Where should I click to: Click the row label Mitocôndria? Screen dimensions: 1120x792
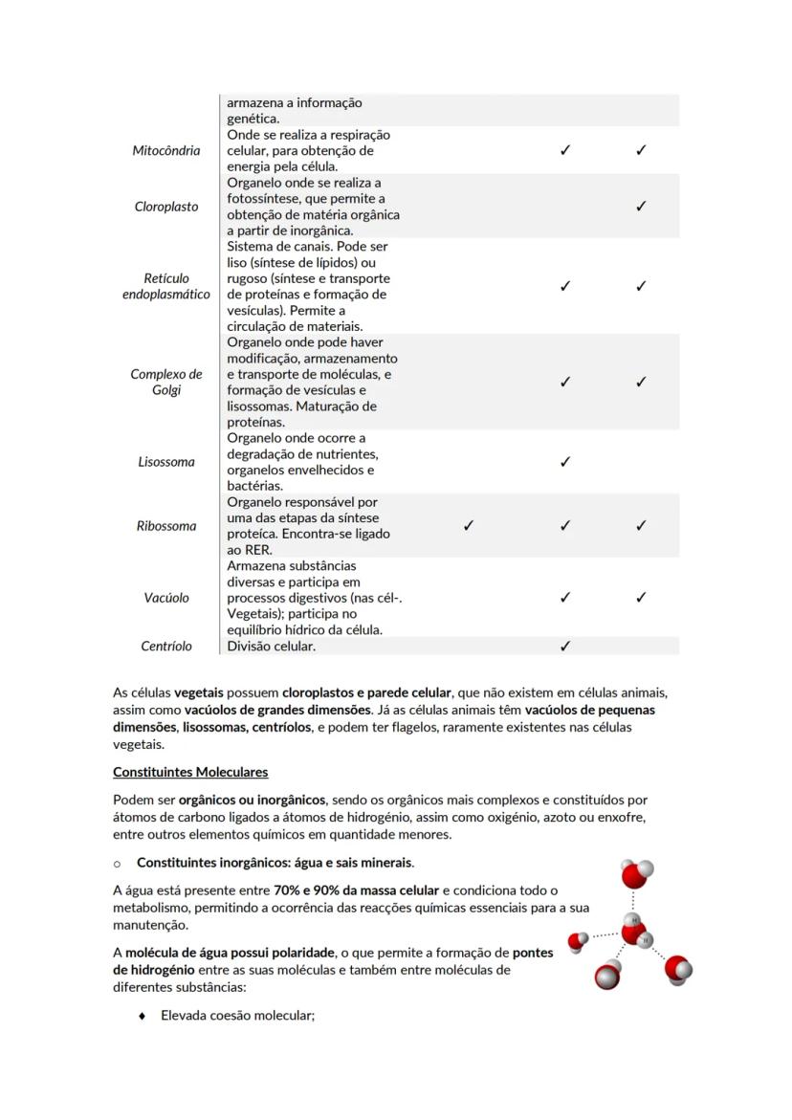[x=166, y=150]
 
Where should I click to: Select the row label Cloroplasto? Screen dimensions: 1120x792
[x=166, y=207]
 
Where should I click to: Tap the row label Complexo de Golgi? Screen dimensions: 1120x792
[x=166, y=382]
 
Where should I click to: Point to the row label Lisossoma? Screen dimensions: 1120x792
[x=166, y=462]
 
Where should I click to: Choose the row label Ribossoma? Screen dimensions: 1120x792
[x=166, y=526]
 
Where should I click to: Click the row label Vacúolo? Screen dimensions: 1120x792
[x=166, y=598]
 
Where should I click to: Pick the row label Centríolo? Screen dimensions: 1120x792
[x=166, y=647]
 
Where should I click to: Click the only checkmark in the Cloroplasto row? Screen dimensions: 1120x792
[x=641, y=207]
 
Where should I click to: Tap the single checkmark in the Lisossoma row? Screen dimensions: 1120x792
[x=565, y=462]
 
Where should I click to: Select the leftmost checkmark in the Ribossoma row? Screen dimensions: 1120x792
[x=468, y=525]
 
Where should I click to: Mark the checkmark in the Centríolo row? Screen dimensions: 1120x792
[x=565, y=647]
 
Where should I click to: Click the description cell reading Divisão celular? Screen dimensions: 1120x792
[x=272, y=647]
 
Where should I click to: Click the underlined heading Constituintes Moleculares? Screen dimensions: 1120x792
[x=190, y=772]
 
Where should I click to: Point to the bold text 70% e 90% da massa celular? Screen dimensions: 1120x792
[x=356, y=890]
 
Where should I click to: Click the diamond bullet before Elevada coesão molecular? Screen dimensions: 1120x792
[x=143, y=1016]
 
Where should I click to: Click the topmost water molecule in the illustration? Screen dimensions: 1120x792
[x=636, y=874]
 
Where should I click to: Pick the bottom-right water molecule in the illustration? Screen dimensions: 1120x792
[x=678, y=968]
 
